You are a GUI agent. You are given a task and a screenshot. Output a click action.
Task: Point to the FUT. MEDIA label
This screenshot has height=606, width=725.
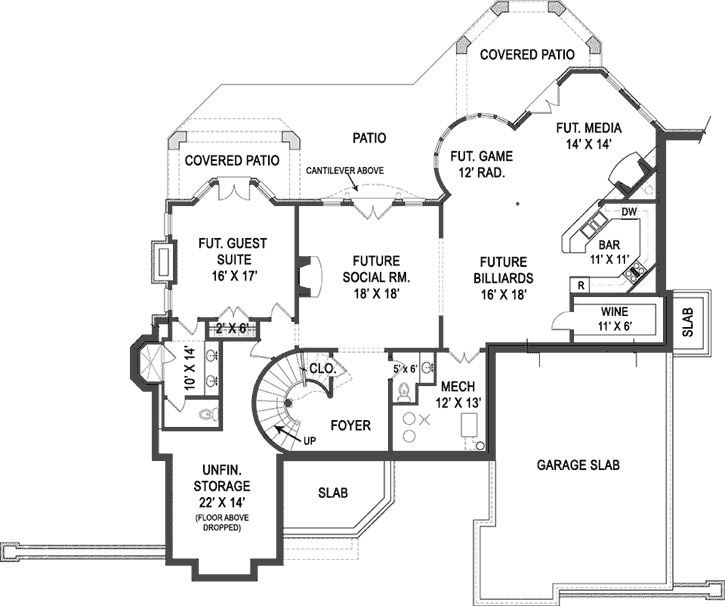pyautogui.click(x=590, y=128)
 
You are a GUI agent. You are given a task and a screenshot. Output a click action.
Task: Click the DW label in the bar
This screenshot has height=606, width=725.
pyautogui.click(x=628, y=212)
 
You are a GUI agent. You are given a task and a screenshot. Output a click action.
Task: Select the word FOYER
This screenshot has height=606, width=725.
pyautogui.click(x=349, y=425)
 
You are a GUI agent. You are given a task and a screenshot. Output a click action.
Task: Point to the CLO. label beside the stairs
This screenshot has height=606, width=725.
pyautogui.click(x=320, y=367)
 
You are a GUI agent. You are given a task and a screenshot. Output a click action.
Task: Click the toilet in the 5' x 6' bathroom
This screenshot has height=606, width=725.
pyautogui.click(x=404, y=393)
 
